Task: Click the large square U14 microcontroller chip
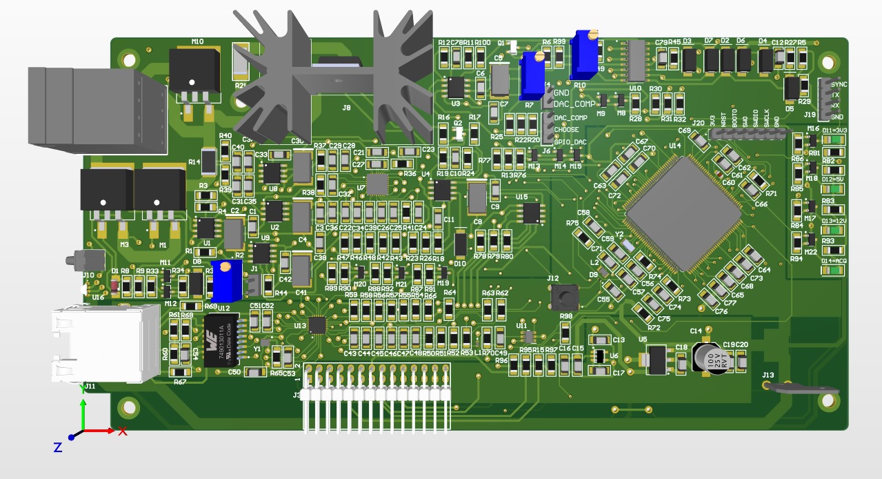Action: [x=683, y=212]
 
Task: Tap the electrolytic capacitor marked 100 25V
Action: [x=710, y=359]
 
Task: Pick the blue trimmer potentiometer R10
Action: [x=584, y=54]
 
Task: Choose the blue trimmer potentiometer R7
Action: [x=532, y=75]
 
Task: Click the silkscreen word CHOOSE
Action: [x=566, y=130]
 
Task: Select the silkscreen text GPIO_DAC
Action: [x=570, y=142]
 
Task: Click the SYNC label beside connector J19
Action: [x=839, y=84]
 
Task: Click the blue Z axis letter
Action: [x=58, y=448]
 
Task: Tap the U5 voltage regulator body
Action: [x=656, y=358]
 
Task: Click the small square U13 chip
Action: [x=317, y=324]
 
